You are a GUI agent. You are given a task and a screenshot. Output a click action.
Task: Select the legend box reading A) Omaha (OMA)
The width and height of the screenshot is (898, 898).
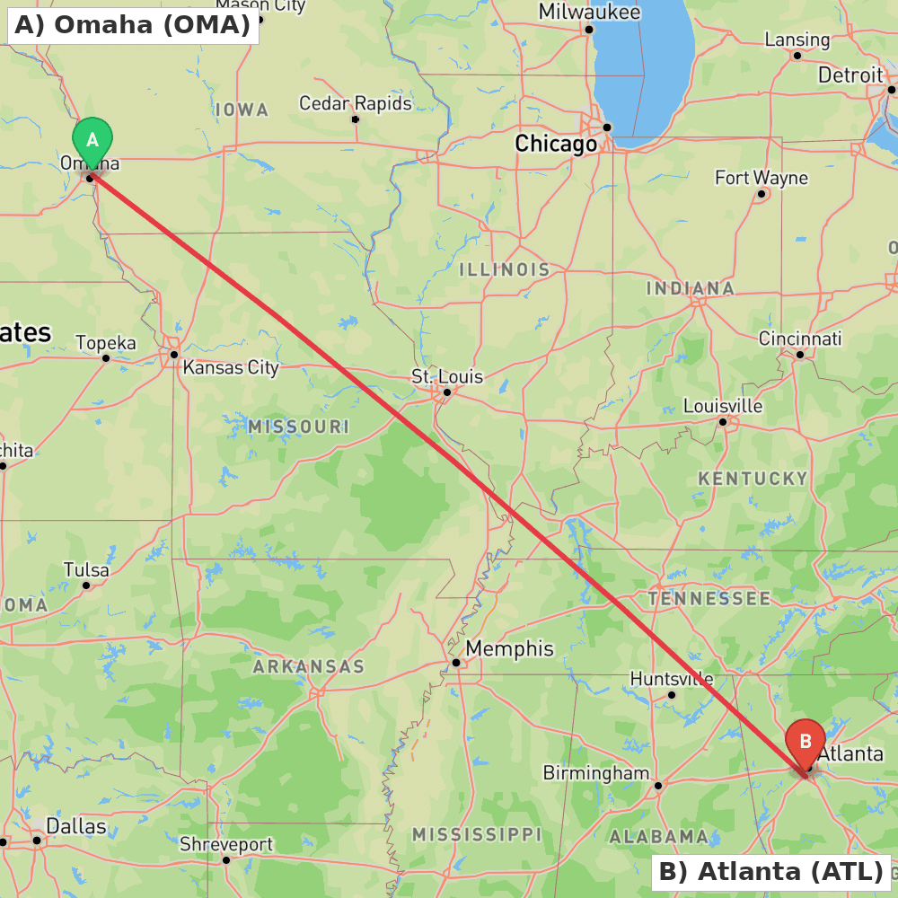pos(133,25)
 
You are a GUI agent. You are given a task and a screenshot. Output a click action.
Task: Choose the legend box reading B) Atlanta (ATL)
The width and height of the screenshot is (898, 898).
pos(770,871)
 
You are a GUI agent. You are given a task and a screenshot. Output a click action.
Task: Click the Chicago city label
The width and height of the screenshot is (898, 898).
pos(556,144)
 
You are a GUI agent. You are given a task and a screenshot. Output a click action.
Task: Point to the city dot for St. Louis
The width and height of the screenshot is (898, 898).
pos(447,392)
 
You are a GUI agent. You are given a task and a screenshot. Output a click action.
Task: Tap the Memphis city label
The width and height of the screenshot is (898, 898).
pos(509,648)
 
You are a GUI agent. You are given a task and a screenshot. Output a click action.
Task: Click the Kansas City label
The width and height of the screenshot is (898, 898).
pos(231,367)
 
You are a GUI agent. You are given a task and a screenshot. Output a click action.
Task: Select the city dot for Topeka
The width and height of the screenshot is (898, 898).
pos(106,358)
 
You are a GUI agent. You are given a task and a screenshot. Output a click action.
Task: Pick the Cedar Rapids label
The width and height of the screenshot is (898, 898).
pos(356,103)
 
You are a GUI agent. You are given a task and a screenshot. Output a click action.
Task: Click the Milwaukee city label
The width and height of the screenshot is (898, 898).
pos(589,12)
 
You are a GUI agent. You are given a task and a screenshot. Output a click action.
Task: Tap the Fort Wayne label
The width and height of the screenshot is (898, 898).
pos(762,178)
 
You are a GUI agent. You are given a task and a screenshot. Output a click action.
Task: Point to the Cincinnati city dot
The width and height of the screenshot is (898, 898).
pos(800,354)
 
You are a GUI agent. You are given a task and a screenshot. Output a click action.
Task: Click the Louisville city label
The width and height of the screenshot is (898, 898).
pos(723,406)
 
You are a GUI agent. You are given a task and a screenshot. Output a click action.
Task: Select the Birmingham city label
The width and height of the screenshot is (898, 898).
pos(596,773)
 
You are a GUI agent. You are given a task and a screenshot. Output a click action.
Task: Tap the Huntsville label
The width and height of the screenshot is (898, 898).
pos(672,679)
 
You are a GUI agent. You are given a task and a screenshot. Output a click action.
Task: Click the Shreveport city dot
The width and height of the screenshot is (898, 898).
pos(226,860)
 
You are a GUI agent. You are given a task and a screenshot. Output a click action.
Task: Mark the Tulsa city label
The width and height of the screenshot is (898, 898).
pos(86,570)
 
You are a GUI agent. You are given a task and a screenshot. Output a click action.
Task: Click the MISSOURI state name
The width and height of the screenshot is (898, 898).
pos(298,427)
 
